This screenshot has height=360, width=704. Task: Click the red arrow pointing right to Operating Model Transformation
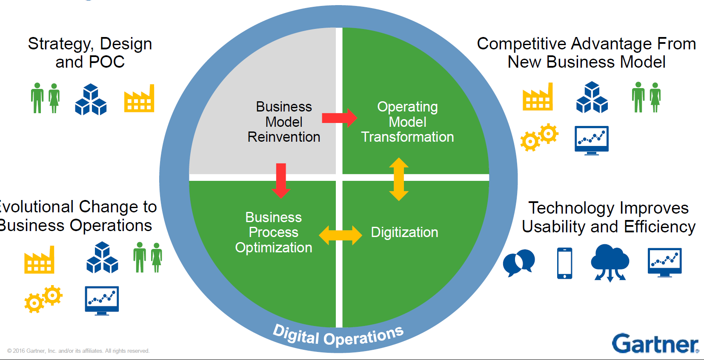pyautogui.click(x=339, y=118)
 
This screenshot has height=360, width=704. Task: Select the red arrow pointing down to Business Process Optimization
pyautogui.click(x=281, y=180)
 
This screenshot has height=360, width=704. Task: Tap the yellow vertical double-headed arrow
pyautogui.click(x=399, y=179)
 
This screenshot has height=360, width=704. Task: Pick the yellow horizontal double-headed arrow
pyautogui.click(x=340, y=235)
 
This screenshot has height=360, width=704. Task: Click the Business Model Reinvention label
pyautogui.click(x=284, y=122)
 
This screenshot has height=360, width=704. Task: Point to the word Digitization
pyautogui.click(x=404, y=232)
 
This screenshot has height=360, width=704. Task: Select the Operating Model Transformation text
pyautogui.click(x=407, y=122)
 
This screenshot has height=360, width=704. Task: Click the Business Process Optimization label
pyautogui.click(x=274, y=232)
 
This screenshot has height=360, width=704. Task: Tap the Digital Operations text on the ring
pyautogui.click(x=338, y=336)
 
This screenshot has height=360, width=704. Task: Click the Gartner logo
pyautogui.click(x=655, y=343)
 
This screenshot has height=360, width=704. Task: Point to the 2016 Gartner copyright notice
pyautogui.click(x=78, y=351)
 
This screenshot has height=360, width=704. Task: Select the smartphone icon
pyautogui.click(x=565, y=263)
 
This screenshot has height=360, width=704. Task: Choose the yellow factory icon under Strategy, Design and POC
pyautogui.click(x=139, y=99)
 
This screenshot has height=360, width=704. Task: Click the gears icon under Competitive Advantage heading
pyautogui.click(x=539, y=137)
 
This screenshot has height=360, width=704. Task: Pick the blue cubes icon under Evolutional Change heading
pyautogui.click(x=102, y=257)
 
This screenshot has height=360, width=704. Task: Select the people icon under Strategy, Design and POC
pyautogui.click(x=46, y=98)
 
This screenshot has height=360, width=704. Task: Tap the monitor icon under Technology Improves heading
pyautogui.click(x=664, y=262)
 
